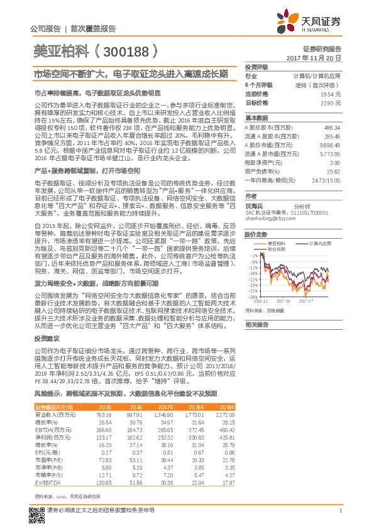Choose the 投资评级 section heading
click(x=256, y=66)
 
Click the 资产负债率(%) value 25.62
click(x=333, y=171)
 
